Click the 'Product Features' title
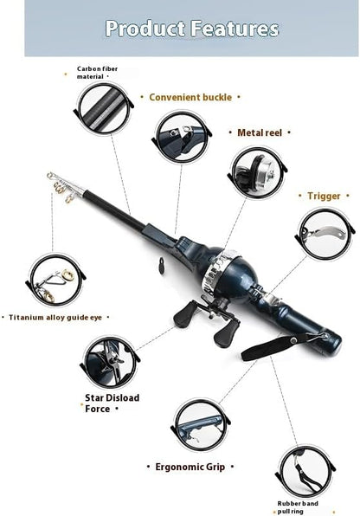(191, 29)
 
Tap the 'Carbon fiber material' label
(101, 72)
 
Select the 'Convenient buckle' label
(190, 98)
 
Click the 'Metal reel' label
(260, 133)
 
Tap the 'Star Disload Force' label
(112, 403)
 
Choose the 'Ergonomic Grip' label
(190, 467)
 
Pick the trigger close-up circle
(325, 233)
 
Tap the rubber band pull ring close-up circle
(303, 470)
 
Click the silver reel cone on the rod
(214, 269)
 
